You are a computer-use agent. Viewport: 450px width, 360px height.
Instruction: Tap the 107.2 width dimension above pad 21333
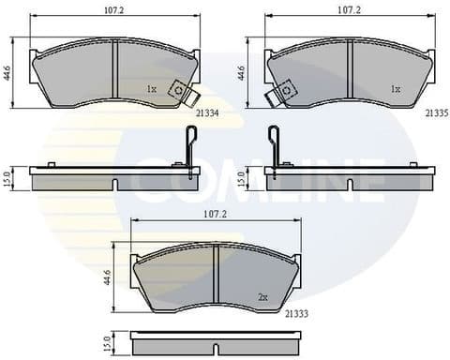(x=216, y=214)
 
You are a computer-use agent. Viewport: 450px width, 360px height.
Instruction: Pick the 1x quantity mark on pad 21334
(x=152, y=89)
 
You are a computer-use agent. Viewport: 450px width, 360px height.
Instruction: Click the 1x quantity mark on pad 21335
(x=395, y=89)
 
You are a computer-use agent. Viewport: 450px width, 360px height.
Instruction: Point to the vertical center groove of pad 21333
(x=217, y=273)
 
